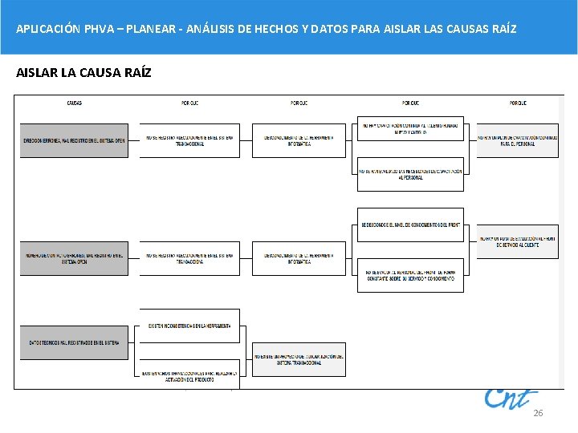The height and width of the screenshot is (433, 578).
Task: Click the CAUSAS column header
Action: click(x=73, y=103)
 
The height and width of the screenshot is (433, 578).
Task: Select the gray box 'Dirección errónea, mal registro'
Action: click(x=74, y=140)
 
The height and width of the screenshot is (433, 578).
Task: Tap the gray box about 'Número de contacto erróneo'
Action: click(x=74, y=258)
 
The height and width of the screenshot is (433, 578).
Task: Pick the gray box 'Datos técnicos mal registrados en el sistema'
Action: click(x=74, y=342)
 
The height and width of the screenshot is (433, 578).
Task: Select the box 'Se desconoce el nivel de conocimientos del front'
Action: click(x=410, y=225)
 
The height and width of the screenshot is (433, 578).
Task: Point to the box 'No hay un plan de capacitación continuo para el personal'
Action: click(x=518, y=140)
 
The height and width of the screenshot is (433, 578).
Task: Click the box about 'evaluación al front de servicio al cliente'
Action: click(x=518, y=241)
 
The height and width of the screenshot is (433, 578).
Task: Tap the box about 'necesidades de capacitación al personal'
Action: click(x=410, y=173)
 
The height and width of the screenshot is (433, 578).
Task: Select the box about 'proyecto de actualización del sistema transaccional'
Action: click(x=299, y=359)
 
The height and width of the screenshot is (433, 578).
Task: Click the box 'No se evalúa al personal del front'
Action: click(x=410, y=274)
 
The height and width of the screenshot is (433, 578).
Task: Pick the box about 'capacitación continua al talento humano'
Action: click(x=410, y=128)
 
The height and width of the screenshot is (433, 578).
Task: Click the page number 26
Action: click(x=538, y=413)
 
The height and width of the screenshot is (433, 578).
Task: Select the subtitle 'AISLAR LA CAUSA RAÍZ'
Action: click(x=83, y=73)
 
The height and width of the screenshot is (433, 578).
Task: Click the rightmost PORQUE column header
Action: click(x=518, y=103)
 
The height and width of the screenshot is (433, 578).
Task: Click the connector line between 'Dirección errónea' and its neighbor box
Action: click(x=134, y=140)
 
